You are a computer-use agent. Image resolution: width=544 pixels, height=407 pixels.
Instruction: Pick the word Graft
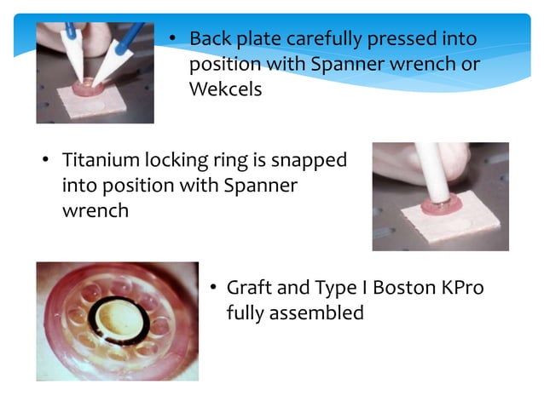(249, 288)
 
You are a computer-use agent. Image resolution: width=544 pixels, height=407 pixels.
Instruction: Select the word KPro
(460, 288)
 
